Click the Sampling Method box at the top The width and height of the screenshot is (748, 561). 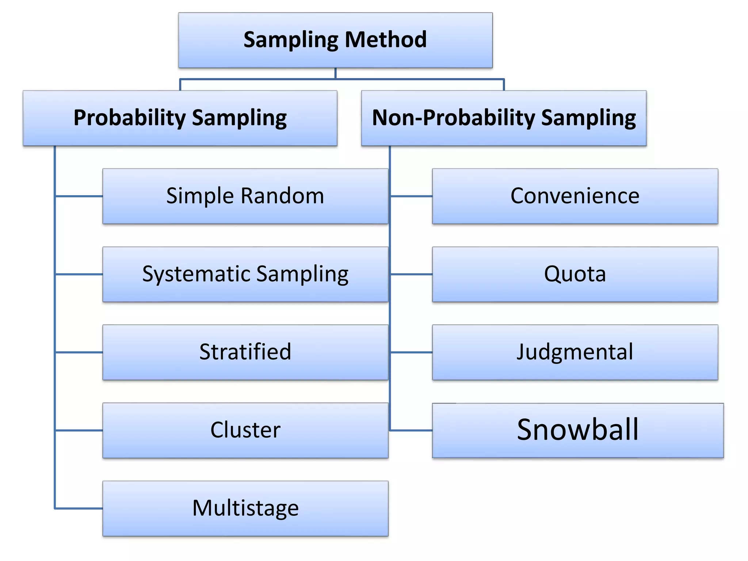(x=335, y=40)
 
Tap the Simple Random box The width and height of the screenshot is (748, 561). (x=245, y=196)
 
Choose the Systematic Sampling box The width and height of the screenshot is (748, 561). (x=245, y=274)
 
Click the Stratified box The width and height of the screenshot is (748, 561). (x=245, y=352)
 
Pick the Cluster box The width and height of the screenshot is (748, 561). (x=245, y=430)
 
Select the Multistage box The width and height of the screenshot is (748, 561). (x=245, y=508)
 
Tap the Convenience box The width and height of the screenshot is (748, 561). (x=575, y=196)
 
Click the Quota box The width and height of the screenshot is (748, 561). (x=575, y=274)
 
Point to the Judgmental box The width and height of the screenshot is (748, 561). (x=575, y=352)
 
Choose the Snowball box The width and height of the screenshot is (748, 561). (x=578, y=430)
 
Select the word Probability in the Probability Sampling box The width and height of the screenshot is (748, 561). (x=130, y=118)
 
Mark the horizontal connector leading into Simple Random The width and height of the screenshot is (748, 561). (x=79, y=196)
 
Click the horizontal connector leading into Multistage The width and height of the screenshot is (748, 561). (x=79, y=508)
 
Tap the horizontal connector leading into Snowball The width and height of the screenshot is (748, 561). (x=411, y=431)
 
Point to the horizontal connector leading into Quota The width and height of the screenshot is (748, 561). (x=411, y=274)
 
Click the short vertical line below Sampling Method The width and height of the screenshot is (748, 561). (x=335, y=73)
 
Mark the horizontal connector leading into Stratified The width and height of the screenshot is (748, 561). (x=79, y=352)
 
